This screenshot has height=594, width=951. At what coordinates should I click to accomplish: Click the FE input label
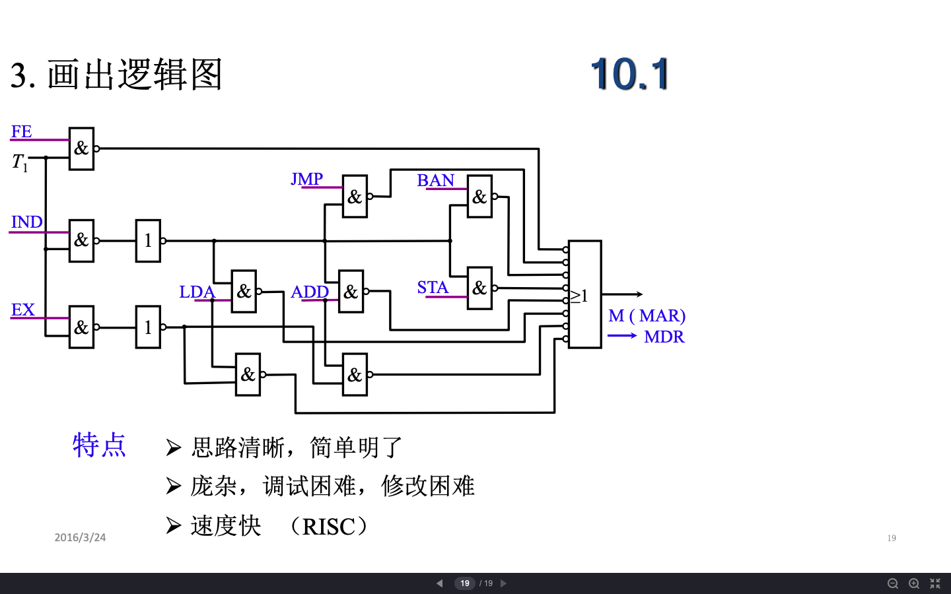coord(21,131)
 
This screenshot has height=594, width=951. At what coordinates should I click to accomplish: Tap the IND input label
coord(26,222)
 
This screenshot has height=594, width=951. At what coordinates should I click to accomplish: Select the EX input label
coord(22,310)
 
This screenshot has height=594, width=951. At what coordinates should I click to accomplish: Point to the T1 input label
coord(20,162)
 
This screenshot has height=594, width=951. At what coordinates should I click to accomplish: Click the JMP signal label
coord(306,179)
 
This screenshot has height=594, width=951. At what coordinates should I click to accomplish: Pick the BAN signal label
coord(435,180)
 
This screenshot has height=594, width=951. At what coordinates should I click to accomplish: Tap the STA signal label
coord(433,288)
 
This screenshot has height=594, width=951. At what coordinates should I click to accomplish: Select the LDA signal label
coord(197,292)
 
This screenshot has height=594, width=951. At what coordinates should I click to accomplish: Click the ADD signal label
coord(310,292)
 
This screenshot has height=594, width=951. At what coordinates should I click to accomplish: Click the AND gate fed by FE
coord(81,148)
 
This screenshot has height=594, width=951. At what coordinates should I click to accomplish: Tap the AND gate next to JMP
coord(355,196)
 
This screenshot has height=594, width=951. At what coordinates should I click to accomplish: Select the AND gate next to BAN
coord(479,196)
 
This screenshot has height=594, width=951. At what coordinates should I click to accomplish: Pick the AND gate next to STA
coord(479,288)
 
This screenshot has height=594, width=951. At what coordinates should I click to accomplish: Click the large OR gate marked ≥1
coord(584,294)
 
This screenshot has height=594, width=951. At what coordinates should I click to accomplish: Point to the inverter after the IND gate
coord(148,241)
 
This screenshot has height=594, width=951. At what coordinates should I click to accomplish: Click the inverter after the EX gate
coord(148,327)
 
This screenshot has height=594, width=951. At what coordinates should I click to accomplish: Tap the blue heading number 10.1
coord(630,73)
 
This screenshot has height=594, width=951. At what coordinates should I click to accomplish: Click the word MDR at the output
coord(664,337)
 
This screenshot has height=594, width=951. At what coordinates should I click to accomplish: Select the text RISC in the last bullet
coord(328,527)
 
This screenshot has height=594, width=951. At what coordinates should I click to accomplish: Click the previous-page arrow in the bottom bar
coord(440,583)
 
